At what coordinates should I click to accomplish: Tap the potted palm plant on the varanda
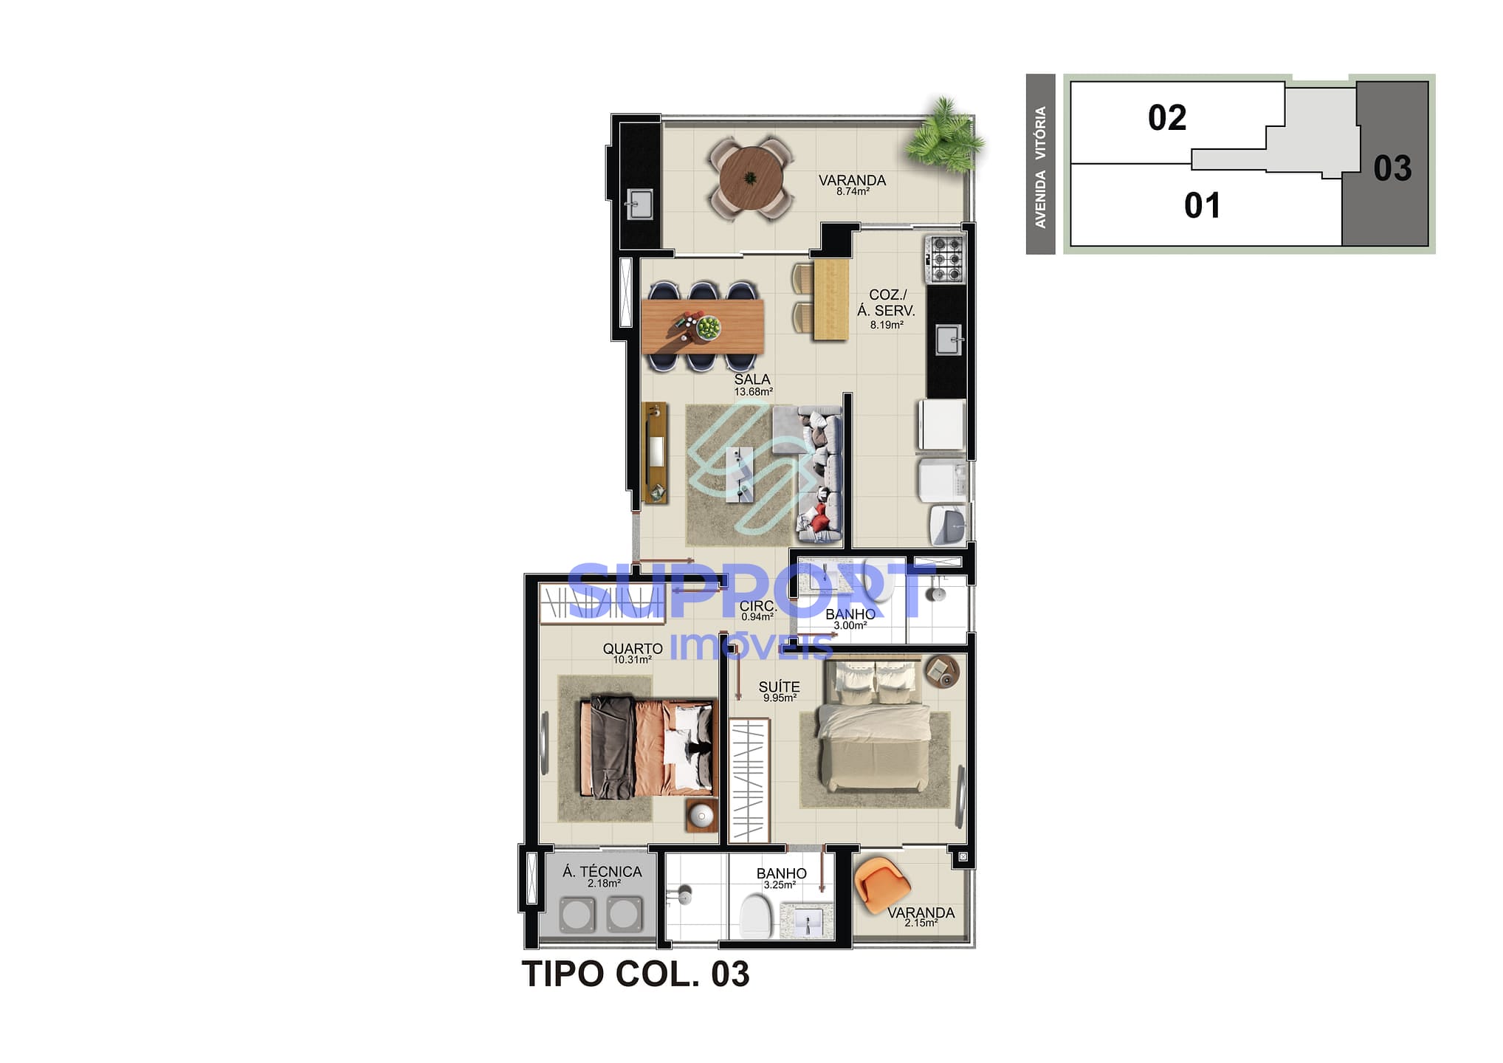pyautogui.click(x=944, y=137)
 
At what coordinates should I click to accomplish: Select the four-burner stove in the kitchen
pyautogui.click(x=946, y=258)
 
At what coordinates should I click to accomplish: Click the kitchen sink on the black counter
pyautogui.click(x=948, y=341)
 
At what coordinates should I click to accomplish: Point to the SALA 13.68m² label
pyautogui.click(x=752, y=385)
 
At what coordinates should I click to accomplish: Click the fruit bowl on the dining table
pyautogui.click(x=708, y=327)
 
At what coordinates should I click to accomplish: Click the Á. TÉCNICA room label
pyautogui.click(x=602, y=875)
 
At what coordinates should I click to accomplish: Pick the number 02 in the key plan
pyautogui.click(x=1166, y=118)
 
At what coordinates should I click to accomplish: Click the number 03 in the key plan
pyautogui.click(x=1392, y=168)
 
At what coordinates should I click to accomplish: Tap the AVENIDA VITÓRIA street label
pyautogui.click(x=1040, y=167)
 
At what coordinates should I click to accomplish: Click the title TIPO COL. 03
pyautogui.click(x=635, y=974)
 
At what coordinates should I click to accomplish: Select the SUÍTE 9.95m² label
pyautogui.click(x=779, y=691)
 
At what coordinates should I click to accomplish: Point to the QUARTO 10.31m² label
pyautogui.click(x=632, y=653)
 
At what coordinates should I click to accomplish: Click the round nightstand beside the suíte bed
pyautogui.click(x=941, y=670)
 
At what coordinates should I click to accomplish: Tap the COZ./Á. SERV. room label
pyautogui.click(x=886, y=309)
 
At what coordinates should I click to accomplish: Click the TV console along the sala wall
pyautogui.click(x=655, y=453)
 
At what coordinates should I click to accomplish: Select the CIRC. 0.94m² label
pyautogui.click(x=757, y=610)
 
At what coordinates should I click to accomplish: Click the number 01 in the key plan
pyautogui.click(x=1202, y=205)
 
